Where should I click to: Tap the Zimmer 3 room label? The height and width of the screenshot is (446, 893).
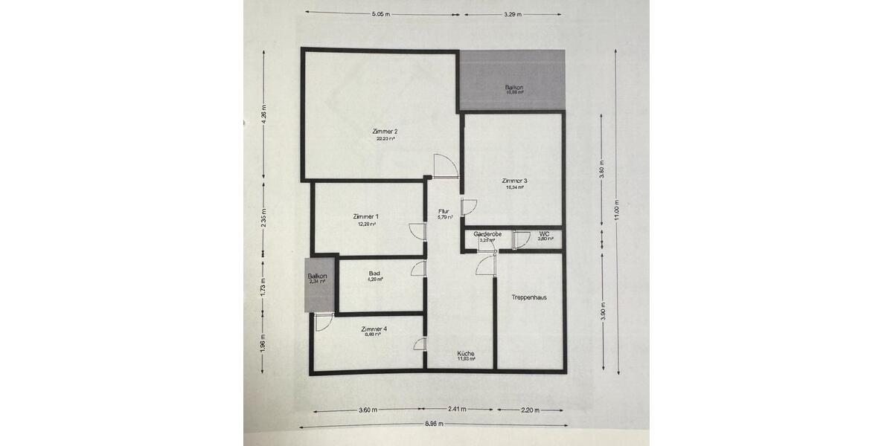tap(515, 181)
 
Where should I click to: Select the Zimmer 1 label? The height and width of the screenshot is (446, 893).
tap(365, 216)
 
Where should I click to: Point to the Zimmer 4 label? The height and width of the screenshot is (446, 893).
tap(374, 329)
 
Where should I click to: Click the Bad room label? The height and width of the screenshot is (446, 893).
tap(374, 274)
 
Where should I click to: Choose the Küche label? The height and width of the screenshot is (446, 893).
tap(467, 353)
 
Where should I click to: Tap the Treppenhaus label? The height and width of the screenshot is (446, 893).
tap(529, 297)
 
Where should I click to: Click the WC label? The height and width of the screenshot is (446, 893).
tap(545, 234)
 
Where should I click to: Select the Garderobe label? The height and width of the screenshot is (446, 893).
tap(488, 234)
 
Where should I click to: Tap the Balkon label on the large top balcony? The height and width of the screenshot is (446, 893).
tap(514, 88)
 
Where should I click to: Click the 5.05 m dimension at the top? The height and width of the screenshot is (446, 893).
tap(382, 14)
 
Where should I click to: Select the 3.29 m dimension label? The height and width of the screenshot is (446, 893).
tap(512, 14)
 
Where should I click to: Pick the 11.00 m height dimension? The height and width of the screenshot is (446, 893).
tap(616, 212)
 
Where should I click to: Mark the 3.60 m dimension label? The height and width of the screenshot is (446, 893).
tap(365, 410)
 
